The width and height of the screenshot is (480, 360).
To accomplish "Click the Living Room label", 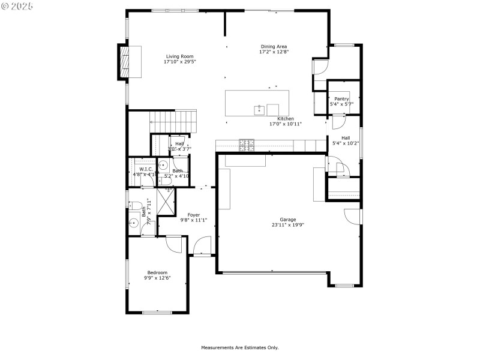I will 180,56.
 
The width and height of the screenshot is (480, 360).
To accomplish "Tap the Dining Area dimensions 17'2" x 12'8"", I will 274,52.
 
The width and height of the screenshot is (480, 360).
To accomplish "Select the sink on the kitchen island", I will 260,109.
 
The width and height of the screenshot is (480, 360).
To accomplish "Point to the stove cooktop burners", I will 247,144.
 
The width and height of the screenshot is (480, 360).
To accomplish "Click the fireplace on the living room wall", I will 125,62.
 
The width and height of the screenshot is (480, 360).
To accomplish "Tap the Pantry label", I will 341,99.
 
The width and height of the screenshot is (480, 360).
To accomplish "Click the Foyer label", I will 193,215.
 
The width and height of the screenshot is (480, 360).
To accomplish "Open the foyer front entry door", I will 202,246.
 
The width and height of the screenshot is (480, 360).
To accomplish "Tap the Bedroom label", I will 158,272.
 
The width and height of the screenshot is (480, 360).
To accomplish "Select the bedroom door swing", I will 174,244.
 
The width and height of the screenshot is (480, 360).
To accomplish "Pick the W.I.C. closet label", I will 146,170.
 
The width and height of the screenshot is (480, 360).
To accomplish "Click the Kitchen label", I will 285,119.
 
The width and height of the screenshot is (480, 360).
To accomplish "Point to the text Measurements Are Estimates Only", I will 239,347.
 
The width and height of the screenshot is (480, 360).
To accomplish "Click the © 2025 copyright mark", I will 17,6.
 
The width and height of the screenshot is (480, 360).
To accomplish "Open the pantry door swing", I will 338,122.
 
